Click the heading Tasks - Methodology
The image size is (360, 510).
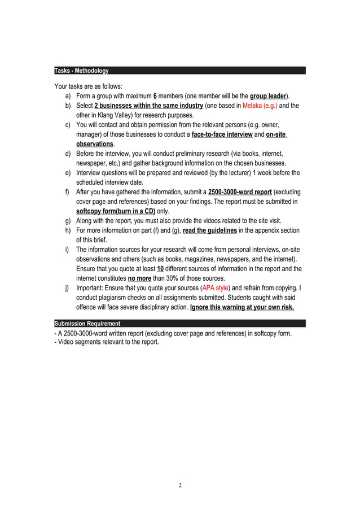[81, 71]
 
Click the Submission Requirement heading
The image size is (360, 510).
[87, 324]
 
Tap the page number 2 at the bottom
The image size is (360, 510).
[180, 485]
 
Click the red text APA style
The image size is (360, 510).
[215, 288]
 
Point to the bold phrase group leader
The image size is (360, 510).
[268, 96]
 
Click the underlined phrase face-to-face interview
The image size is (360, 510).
[222, 134]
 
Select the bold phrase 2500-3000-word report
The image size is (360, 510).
[240, 192]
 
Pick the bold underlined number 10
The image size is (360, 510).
[160, 269]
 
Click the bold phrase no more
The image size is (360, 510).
[139, 278]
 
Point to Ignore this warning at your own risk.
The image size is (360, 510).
[242, 307]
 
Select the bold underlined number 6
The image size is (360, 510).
[155, 96]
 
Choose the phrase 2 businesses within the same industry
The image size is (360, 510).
[148, 106]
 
